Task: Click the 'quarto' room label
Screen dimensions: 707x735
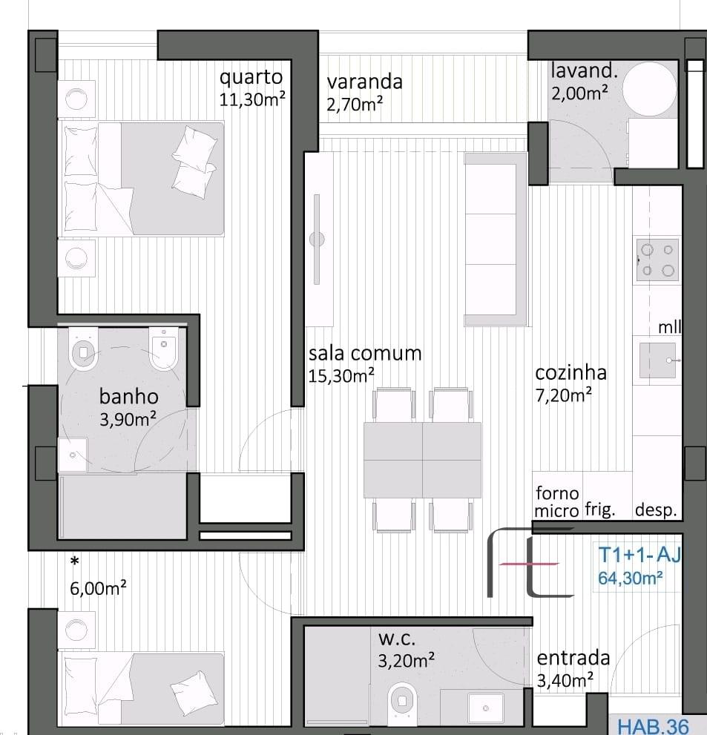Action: [251, 78]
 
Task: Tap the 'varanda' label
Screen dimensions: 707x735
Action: [365, 82]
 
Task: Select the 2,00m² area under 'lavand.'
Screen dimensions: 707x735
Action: [579, 93]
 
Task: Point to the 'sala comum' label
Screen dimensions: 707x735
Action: [365, 353]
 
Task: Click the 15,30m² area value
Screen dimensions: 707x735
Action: [341, 375]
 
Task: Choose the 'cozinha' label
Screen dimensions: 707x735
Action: [570, 372]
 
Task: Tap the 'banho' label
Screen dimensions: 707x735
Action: [129, 397]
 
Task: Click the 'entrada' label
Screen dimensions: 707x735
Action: [573, 658]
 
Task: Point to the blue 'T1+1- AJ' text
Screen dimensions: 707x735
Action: [639, 555]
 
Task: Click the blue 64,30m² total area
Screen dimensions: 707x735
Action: [630, 578]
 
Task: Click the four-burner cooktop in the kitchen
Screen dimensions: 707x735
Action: [658, 260]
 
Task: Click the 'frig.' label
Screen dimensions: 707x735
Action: [599, 510]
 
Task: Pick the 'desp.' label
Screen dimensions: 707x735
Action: [656, 510]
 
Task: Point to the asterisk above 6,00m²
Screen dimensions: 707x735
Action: [74, 561]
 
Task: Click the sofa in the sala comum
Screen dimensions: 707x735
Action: [496, 239]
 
